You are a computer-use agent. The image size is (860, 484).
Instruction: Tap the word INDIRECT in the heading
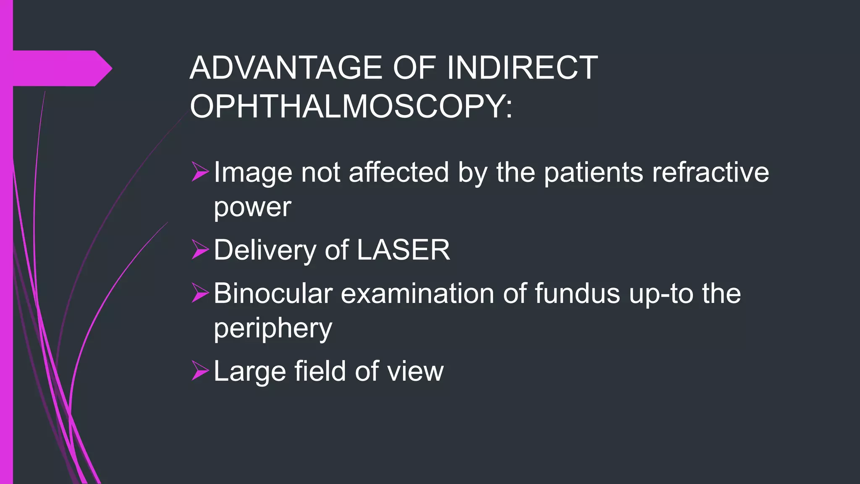click(x=522, y=68)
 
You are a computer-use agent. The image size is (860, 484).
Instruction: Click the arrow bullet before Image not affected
click(x=200, y=172)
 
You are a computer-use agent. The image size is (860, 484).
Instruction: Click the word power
click(x=252, y=207)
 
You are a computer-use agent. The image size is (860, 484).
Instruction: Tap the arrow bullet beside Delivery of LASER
click(x=200, y=250)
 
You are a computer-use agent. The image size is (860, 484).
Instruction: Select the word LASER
click(x=403, y=250)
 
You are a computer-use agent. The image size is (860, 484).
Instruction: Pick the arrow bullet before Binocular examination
click(x=200, y=293)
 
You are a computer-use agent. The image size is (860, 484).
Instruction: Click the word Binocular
click(x=273, y=293)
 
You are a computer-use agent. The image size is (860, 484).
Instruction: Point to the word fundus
click(x=577, y=293)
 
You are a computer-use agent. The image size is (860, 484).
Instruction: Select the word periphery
click(x=273, y=329)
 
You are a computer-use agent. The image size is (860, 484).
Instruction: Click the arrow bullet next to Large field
click(x=200, y=371)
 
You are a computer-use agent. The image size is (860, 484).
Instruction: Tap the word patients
click(x=593, y=172)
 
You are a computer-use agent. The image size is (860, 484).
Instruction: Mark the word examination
click(x=417, y=293)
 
